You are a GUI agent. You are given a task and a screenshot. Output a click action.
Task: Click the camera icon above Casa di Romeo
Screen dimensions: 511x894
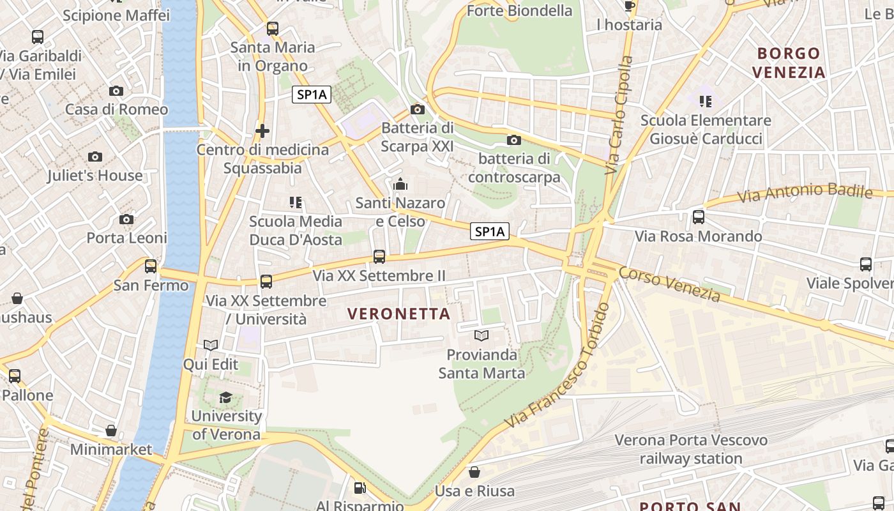point(116,91)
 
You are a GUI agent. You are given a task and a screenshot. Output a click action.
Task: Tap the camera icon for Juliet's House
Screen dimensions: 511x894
point(95,156)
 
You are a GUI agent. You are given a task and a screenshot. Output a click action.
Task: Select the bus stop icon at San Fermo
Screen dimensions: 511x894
point(151,266)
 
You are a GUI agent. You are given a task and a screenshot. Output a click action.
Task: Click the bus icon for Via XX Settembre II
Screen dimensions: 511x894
point(379,257)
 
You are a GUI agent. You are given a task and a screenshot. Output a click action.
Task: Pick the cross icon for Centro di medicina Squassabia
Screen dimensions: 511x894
point(262,131)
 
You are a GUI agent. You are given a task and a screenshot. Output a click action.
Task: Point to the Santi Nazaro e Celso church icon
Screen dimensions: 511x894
point(400,185)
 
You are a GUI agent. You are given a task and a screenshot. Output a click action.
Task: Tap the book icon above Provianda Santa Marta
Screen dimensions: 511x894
point(481,335)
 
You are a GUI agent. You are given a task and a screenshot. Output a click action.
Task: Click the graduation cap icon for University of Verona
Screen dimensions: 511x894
point(225,398)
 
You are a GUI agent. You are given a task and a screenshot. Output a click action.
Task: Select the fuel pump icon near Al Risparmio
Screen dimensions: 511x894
point(360,488)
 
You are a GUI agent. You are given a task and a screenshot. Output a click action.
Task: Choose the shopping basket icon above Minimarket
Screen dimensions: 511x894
point(111,431)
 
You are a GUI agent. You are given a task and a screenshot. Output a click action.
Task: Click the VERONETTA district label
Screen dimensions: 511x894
point(399,314)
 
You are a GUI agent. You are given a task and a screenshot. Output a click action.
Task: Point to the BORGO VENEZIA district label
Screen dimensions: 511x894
point(789,63)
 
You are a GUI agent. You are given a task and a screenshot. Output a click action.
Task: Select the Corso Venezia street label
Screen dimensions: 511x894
point(669,284)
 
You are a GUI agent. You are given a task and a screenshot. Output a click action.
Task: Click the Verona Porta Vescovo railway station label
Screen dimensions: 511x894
point(691,449)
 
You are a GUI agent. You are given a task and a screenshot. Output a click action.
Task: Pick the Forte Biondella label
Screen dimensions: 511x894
point(519,11)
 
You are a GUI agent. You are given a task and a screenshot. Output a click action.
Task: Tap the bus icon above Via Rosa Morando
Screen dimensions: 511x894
point(699,217)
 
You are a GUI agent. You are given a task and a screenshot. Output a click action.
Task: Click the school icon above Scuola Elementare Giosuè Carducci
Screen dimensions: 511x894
point(706,101)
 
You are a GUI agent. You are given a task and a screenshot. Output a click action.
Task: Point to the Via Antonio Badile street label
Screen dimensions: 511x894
point(805,193)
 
